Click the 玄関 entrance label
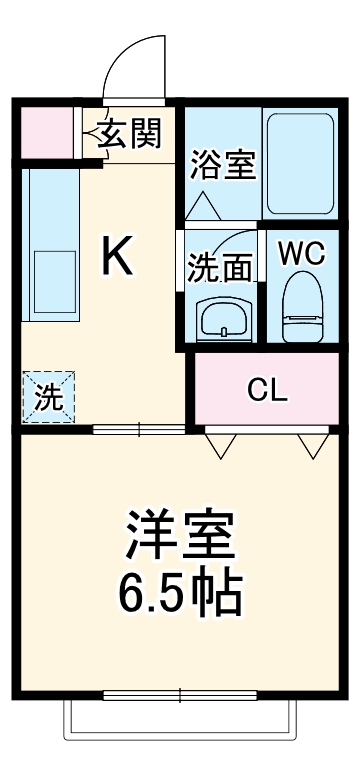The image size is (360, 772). [129, 134]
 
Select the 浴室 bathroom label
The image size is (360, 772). [222, 163]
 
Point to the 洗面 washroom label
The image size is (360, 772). [219, 267]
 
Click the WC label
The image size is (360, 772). [301, 254]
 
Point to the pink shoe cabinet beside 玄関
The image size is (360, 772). [46, 131]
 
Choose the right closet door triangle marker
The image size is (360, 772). [312, 446]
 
